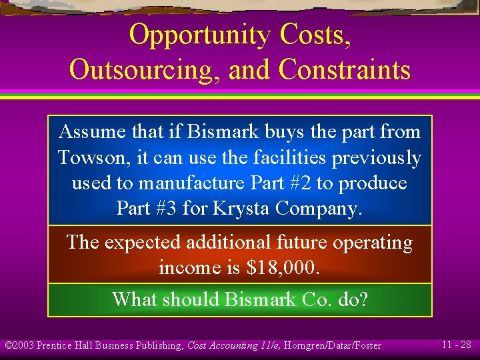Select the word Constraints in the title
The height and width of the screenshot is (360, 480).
click(x=345, y=69)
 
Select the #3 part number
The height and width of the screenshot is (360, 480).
click(x=164, y=209)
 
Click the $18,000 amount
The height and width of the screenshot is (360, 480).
click(x=283, y=268)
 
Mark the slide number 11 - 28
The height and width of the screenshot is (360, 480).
click(x=457, y=345)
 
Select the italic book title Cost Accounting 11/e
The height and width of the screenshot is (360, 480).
click(x=241, y=345)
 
